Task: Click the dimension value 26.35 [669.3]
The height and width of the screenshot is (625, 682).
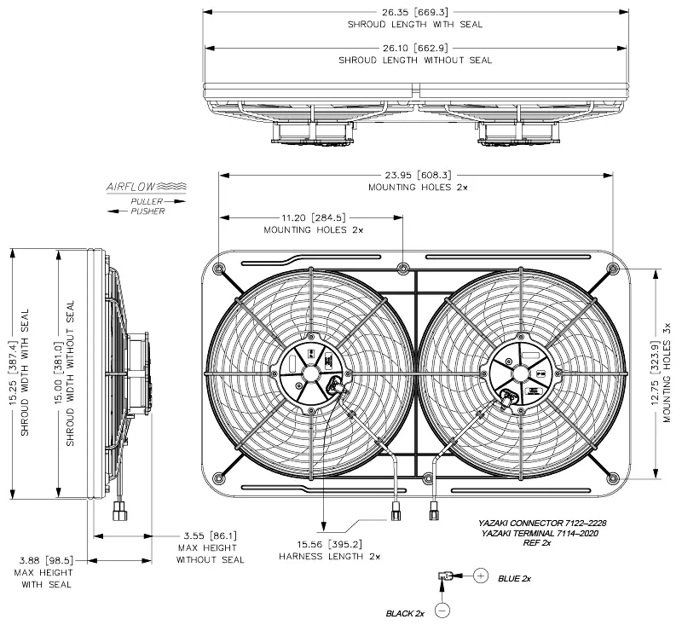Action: (414, 12)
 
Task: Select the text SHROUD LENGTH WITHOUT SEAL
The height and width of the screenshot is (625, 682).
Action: (414, 61)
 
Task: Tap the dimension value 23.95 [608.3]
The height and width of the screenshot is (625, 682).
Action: (414, 174)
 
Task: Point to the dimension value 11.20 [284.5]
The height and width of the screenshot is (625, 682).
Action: (313, 217)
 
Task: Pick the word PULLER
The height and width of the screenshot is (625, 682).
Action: (146, 201)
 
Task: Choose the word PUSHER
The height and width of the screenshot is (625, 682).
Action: (147, 211)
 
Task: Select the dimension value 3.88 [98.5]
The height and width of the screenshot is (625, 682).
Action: (46, 560)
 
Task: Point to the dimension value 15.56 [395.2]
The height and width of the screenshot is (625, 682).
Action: (329, 543)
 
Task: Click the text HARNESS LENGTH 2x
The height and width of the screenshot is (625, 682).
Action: (329, 556)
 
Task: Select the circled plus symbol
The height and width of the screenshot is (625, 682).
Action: (481, 577)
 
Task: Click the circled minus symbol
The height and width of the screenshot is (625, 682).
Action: (442, 610)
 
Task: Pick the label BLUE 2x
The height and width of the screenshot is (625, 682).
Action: (514, 578)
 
